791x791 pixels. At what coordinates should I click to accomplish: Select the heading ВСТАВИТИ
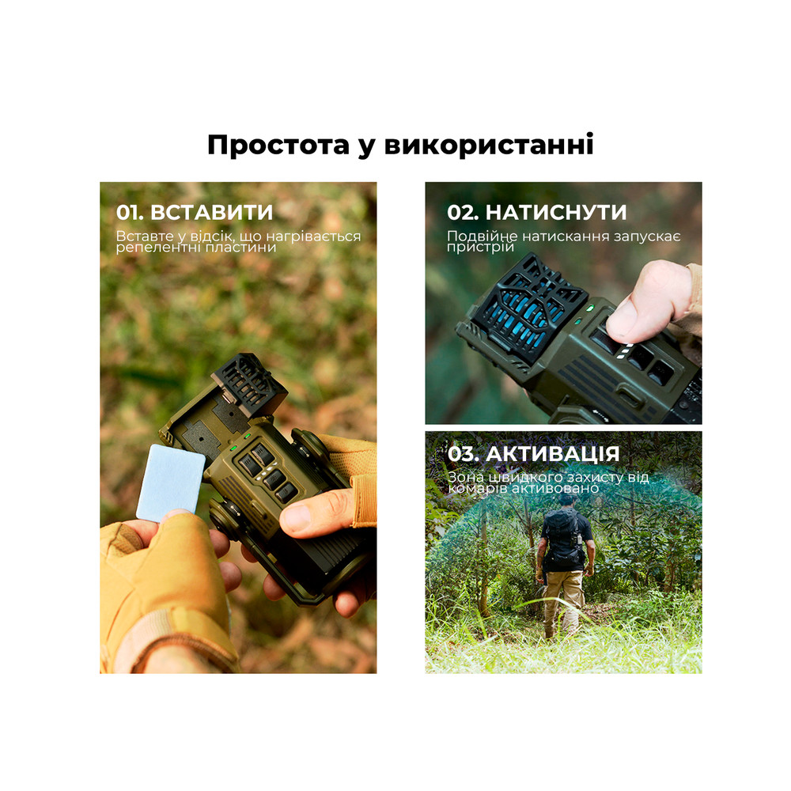211,213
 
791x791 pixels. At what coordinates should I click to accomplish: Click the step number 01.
130,213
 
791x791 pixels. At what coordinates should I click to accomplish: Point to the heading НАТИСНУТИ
555,213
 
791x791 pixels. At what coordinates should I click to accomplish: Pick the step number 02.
462,213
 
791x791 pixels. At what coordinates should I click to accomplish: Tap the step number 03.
463,454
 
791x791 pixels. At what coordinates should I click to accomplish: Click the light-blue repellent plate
171,482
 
